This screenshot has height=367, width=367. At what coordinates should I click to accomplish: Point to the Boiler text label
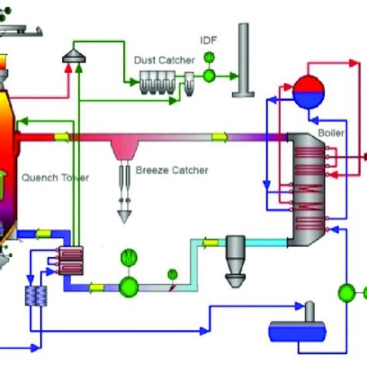[328, 133]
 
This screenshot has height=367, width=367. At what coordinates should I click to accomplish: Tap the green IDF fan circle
[209, 75]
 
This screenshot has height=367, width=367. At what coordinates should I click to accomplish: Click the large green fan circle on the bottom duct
[128, 286]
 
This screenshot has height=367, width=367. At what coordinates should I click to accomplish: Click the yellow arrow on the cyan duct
[209, 243]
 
